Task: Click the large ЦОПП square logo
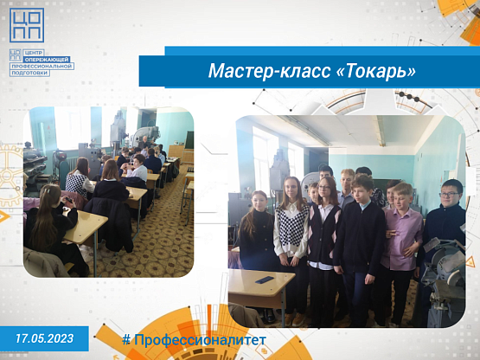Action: point(27,25)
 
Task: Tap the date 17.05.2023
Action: point(45,338)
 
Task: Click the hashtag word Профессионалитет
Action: point(200,340)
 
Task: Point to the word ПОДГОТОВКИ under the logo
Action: point(29,73)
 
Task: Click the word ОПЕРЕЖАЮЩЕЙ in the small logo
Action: point(48,60)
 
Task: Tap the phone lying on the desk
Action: point(265,280)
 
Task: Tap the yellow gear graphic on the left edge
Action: point(10,176)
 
